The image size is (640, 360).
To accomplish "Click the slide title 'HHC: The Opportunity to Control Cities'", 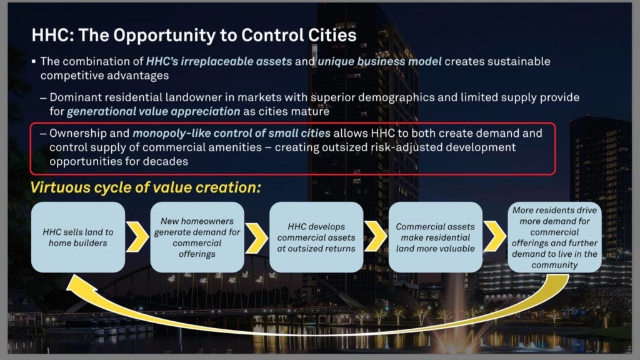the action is point(194,35).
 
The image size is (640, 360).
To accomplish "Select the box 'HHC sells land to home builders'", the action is point(78,237).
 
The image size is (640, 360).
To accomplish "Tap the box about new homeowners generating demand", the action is point(197,237).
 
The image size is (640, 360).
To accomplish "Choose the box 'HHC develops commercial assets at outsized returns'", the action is point(316,237).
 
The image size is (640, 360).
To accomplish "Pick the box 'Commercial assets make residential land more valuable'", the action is point(436,237).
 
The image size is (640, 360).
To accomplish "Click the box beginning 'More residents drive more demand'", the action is point(555,237).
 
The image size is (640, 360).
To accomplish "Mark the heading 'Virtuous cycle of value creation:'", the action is point(146,187).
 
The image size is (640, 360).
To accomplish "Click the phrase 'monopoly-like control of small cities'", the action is point(231,134).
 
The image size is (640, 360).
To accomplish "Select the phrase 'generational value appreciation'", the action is point(154,111).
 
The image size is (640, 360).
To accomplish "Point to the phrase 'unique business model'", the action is point(379,62).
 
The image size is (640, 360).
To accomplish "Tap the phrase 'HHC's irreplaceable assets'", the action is point(219,62).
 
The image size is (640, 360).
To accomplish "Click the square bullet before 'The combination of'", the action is point(34,62).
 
